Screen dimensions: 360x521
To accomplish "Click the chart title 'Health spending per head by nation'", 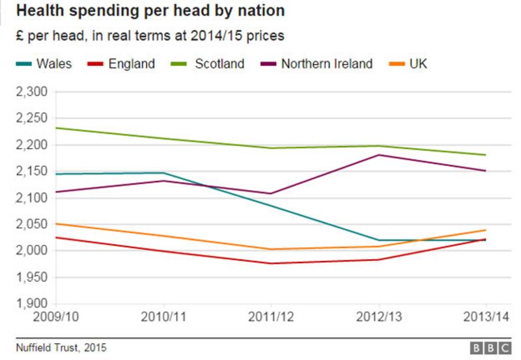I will [150, 12].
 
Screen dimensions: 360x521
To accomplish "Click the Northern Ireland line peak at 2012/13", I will [379, 155].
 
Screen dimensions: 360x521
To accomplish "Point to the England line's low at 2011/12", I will [271, 263].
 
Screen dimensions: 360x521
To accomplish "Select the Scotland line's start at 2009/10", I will [57, 128].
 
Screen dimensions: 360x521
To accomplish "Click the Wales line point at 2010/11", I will [164, 173].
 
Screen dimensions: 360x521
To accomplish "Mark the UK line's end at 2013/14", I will [486, 230].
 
